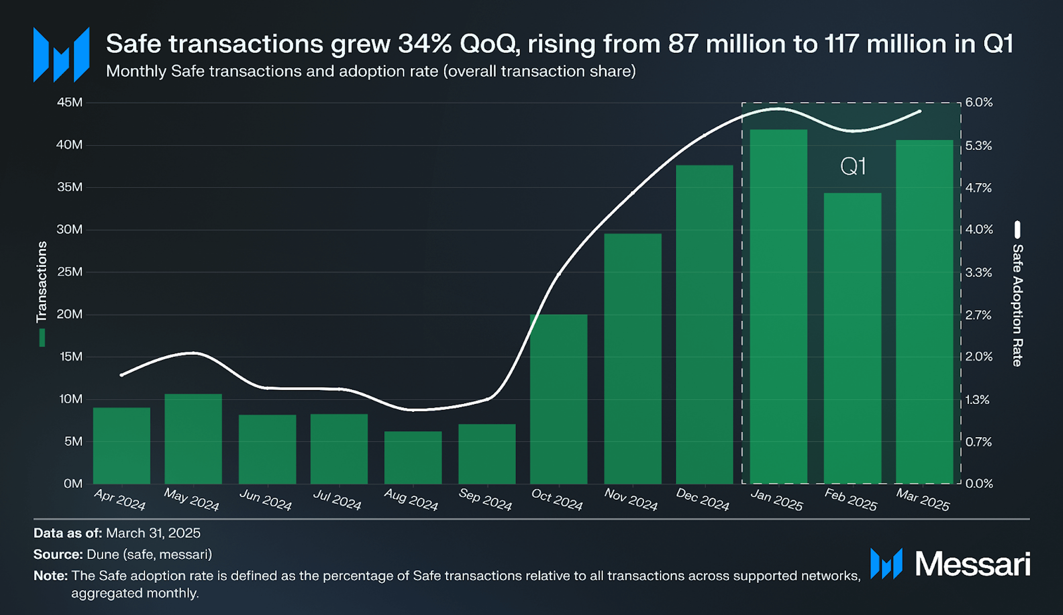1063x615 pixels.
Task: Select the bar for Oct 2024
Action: tap(558, 399)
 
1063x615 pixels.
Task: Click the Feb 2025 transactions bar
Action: tap(853, 338)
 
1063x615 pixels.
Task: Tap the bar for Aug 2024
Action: tap(413, 457)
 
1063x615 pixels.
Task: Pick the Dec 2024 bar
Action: tap(704, 324)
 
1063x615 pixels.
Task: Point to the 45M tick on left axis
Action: tap(70, 102)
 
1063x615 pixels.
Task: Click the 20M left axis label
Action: tap(70, 314)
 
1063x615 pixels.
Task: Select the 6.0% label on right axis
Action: tap(979, 102)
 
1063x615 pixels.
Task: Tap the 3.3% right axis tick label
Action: tap(979, 272)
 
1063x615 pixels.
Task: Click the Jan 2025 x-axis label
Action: tap(776, 500)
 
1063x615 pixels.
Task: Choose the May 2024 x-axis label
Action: tap(192, 500)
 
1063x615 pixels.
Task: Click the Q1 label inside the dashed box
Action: tap(853, 166)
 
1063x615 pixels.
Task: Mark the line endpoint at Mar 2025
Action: tap(920, 111)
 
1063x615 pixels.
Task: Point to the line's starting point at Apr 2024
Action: tap(122, 375)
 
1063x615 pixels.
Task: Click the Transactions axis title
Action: tap(42, 282)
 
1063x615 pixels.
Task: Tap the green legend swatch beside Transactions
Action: tap(42, 337)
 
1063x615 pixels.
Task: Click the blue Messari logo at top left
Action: tap(61, 55)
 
